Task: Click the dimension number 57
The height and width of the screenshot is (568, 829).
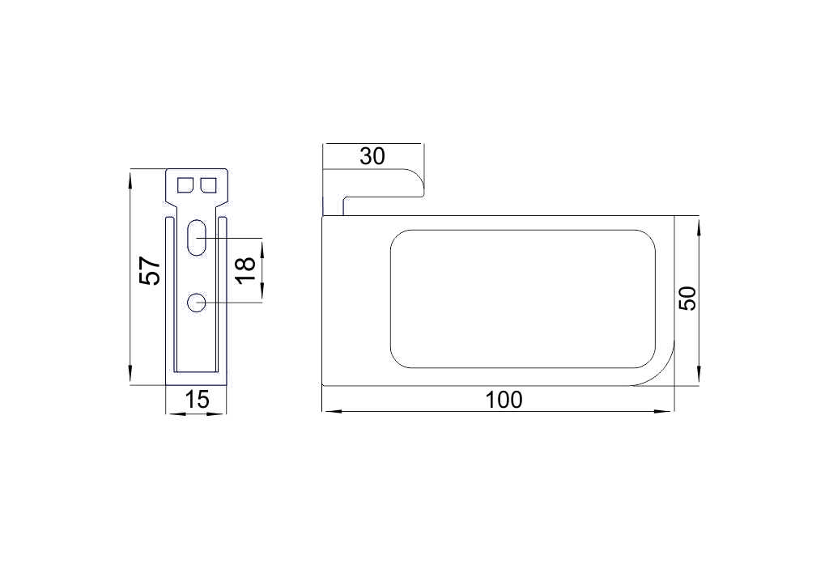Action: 150,271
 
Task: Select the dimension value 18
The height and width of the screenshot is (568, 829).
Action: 246,270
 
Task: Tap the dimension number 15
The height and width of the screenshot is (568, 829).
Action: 198,400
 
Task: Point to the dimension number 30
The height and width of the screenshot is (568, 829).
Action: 372,156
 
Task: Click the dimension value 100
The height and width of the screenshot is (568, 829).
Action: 504,400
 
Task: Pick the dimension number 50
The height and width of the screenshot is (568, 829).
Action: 687,299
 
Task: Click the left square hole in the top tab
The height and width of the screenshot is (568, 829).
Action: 185,185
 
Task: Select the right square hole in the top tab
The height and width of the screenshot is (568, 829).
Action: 208,185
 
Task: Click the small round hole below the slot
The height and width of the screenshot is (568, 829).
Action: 197,303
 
